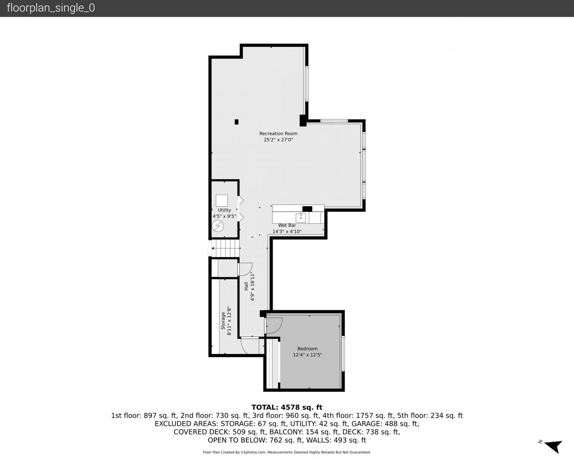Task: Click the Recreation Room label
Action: pyautogui.click(x=278, y=133)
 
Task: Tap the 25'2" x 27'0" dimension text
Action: pyautogui.click(x=278, y=140)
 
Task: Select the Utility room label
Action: pyautogui.click(x=224, y=210)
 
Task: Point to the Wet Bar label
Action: pyautogui.click(x=287, y=225)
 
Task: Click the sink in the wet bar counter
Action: pyautogui.click(x=301, y=217)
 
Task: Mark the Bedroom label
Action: pyautogui.click(x=307, y=348)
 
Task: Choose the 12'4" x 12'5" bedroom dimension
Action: pyautogui.click(x=307, y=355)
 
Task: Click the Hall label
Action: pyautogui.click(x=246, y=286)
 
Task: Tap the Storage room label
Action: pyautogui.click(x=223, y=321)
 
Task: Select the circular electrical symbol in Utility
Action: pyautogui.click(x=218, y=226)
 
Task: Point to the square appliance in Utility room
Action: pyautogui.click(x=222, y=201)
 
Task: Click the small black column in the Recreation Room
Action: pyautogui.click(x=236, y=122)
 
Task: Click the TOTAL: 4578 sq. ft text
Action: pyautogui.click(x=287, y=407)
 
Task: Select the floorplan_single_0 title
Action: pyautogui.click(x=51, y=8)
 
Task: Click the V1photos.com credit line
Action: pyautogui.click(x=287, y=452)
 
